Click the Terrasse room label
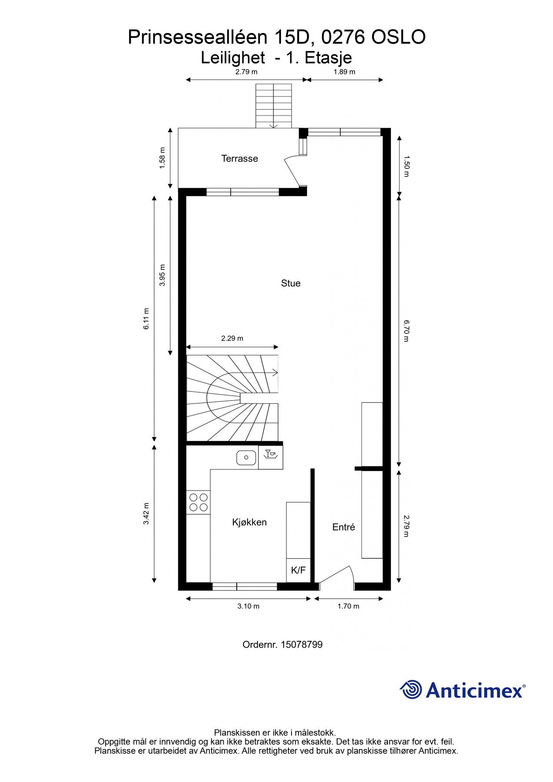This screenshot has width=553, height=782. [x=239, y=159]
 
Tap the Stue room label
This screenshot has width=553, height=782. [x=291, y=283]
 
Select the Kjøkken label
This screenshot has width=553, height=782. [x=249, y=522]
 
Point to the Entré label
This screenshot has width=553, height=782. [x=344, y=527]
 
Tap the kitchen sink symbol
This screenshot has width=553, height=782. [x=246, y=457]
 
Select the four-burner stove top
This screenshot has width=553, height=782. [x=198, y=502]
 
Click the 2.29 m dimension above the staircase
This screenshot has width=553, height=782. [x=232, y=338]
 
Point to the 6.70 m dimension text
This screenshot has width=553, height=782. [x=406, y=331]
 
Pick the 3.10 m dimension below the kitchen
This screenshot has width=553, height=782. [x=248, y=606]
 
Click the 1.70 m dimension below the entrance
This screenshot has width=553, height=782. [x=348, y=606]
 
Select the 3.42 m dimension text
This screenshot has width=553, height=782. [x=146, y=514]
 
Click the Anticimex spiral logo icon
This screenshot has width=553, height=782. [x=411, y=689]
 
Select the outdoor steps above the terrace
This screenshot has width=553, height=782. [x=273, y=106]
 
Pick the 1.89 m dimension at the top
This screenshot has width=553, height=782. [x=344, y=72]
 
